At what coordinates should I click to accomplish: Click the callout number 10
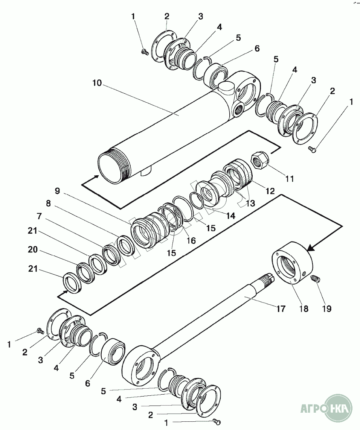(97, 83)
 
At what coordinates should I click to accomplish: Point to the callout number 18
(304, 309)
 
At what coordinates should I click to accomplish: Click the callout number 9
(57, 191)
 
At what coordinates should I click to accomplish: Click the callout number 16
(191, 240)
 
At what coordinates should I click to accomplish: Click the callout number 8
(48, 204)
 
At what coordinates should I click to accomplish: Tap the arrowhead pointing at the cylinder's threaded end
(97, 176)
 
